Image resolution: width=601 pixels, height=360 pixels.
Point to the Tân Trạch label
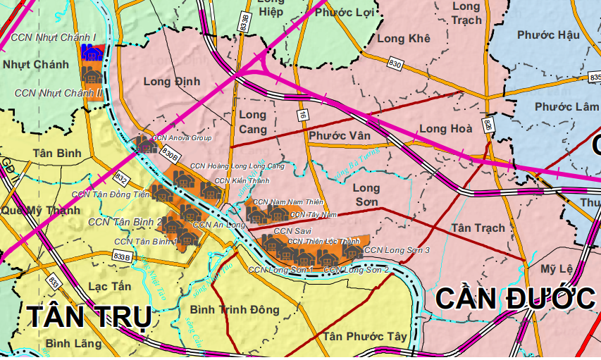(x=478, y=228)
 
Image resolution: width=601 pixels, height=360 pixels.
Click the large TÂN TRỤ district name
(x=89, y=318)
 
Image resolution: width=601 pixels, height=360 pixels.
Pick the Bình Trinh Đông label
(x=235, y=310)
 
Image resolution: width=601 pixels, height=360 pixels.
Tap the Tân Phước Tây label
(x=365, y=337)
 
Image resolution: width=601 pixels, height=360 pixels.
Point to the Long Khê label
(x=404, y=39)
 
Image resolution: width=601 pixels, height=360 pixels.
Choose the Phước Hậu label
(x=547, y=35)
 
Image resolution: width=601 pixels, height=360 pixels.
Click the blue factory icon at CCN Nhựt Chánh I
(x=90, y=53)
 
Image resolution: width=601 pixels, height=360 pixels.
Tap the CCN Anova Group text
(x=182, y=138)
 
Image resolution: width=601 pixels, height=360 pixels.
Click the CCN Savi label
(x=292, y=231)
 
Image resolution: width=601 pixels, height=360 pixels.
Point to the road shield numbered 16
(x=302, y=114)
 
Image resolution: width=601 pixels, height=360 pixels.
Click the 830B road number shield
(x=169, y=151)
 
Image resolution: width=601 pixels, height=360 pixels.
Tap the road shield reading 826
(x=488, y=125)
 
